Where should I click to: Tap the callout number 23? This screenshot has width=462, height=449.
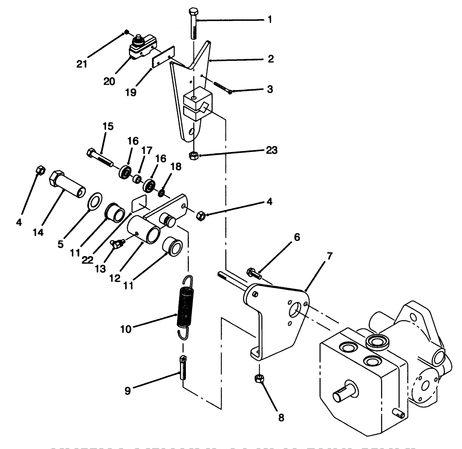(x=271, y=150)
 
